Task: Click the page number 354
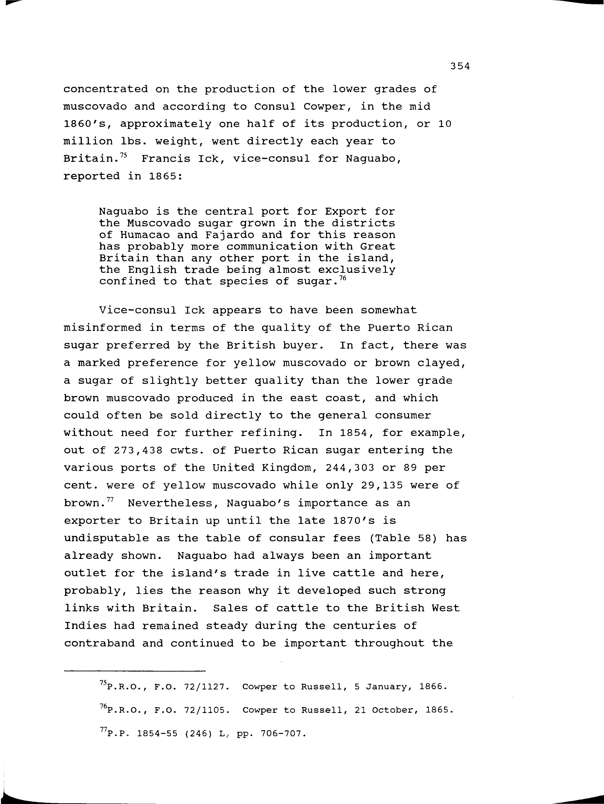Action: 460,66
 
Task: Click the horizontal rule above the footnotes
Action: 135,671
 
